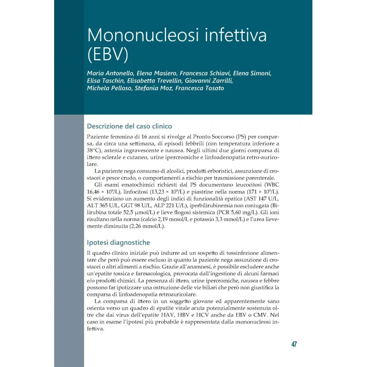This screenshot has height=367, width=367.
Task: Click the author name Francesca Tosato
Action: (199, 88)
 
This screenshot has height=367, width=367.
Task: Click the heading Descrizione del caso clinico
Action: (129, 126)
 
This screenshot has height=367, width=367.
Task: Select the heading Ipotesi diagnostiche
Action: (118, 242)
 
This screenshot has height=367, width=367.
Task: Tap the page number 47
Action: (294, 344)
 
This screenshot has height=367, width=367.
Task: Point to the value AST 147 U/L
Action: (261, 198)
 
